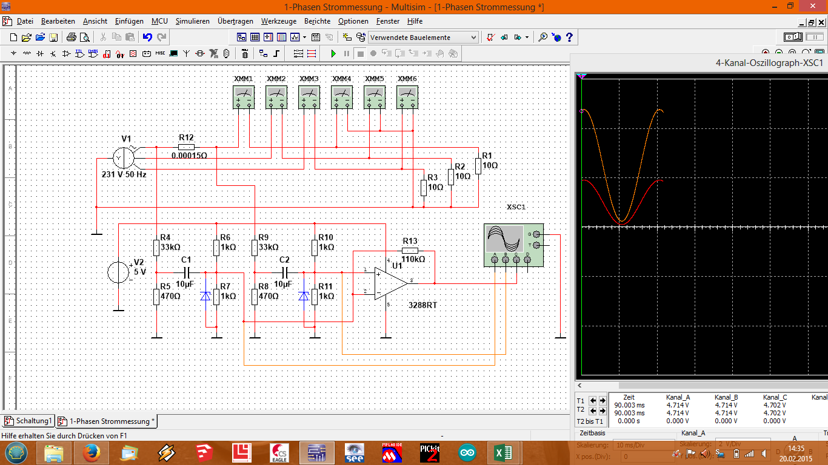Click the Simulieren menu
pyautogui.click(x=192, y=21)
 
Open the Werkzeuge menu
pyautogui.click(x=278, y=21)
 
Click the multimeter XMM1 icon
pyautogui.click(x=244, y=97)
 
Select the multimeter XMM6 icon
pyautogui.click(x=407, y=97)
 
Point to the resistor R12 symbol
pyautogui.click(x=187, y=147)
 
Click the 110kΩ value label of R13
pyautogui.click(x=413, y=259)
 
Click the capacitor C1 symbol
pyautogui.click(x=187, y=272)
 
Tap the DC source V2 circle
pyautogui.click(x=118, y=272)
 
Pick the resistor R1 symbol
pyautogui.click(x=478, y=165)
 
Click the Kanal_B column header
pyautogui.click(x=726, y=397)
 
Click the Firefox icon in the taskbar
pyautogui.click(x=92, y=452)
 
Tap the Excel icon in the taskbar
pyautogui.click(x=502, y=452)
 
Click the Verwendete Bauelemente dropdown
pyautogui.click(x=423, y=38)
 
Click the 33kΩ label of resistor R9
pyautogui.click(x=268, y=247)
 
